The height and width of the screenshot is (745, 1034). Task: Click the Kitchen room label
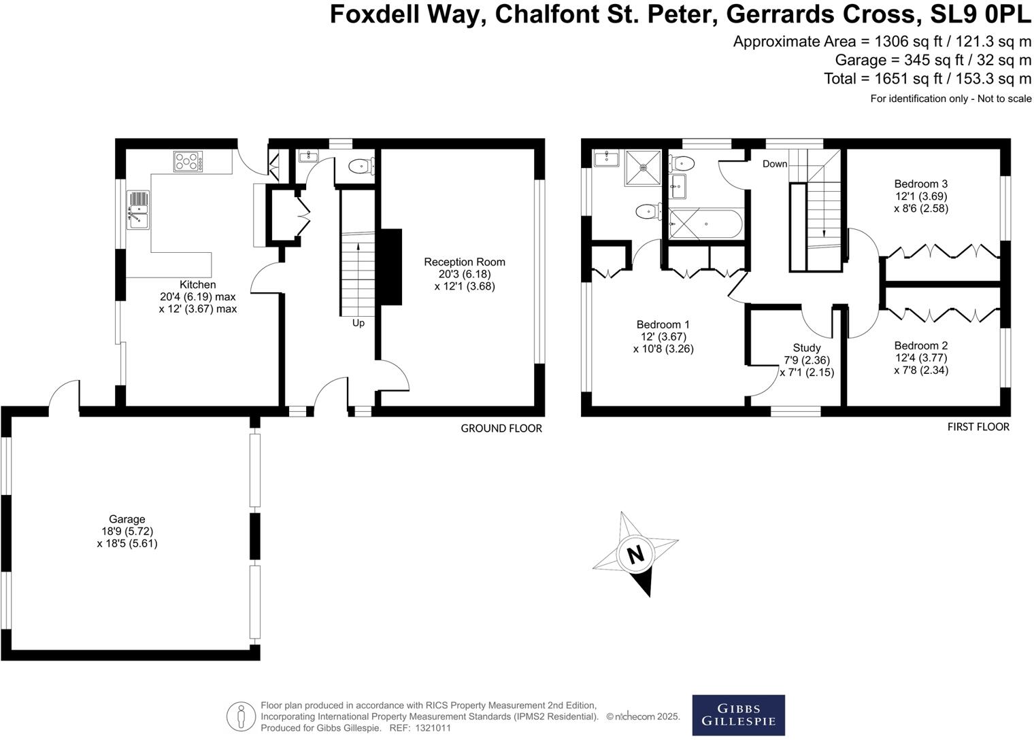[197, 285]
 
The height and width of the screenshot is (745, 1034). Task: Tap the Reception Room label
[464, 262]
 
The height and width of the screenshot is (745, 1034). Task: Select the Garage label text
[127, 519]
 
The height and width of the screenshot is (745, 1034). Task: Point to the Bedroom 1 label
[663, 324]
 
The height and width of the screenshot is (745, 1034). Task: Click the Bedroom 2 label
[920, 345]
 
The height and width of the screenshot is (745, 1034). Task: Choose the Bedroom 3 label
[920, 184]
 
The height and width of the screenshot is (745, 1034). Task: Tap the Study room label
[806, 348]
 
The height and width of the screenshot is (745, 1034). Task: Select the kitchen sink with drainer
[137, 210]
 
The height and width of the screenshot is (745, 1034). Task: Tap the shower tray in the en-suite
[642, 168]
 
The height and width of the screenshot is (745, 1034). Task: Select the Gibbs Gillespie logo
[738, 714]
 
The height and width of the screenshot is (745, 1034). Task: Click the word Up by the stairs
[358, 323]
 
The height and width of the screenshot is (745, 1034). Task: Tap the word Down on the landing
[774, 164]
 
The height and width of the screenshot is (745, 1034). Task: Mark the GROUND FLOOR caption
[501, 428]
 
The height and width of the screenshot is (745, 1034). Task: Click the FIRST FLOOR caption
[978, 427]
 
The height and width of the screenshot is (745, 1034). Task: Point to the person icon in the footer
[240, 716]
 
